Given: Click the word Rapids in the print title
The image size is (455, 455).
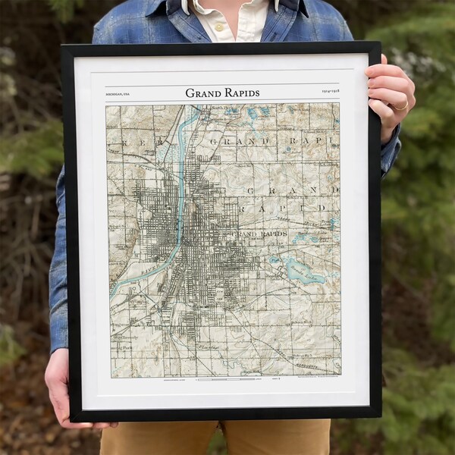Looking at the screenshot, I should click(241, 93).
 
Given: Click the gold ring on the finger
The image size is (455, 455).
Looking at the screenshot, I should click(400, 105).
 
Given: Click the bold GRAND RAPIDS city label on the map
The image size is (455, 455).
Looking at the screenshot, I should click(262, 234).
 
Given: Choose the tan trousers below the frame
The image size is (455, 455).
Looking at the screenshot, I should click(220, 438).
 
